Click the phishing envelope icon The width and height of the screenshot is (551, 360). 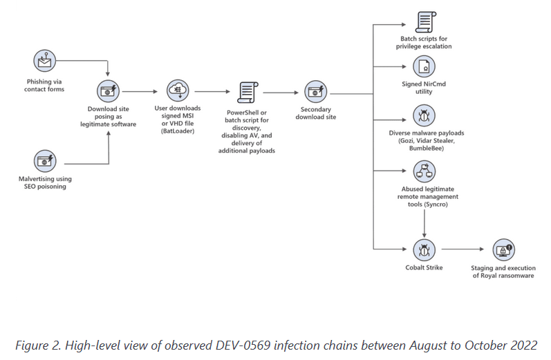(x=45, y=61)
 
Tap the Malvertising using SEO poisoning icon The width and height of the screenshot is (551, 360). (x=45, y=161)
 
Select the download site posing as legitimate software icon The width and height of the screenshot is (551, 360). (x=108, y=91)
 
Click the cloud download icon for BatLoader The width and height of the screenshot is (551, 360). (x=178, y=91)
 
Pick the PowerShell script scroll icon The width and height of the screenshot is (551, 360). (x=248, y=93)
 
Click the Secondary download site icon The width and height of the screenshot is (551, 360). (x=315, y=92)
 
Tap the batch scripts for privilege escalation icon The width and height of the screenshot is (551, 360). (x=426, y=22)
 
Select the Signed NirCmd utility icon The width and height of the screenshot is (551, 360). (x=424, y=66)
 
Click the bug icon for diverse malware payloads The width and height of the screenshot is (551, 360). (x=424, y=115)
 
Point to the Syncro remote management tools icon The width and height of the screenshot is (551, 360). (x=424, y=171)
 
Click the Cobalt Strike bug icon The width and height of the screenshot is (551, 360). (x=424, y=250)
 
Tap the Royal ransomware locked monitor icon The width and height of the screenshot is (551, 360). (x=503, y=250)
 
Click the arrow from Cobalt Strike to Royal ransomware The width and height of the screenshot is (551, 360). (x=463, y=249)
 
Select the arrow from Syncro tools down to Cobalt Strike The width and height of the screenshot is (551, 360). (x=424, y=224)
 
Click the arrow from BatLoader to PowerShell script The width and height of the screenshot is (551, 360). (x=212, y=92)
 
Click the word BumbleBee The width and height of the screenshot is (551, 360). (x=427, y=148)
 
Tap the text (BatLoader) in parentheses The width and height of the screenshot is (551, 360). (x=178, y=131)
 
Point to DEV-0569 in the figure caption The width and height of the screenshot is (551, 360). (x=243, y=345)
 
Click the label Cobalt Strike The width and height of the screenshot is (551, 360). (x=424, y=267)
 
